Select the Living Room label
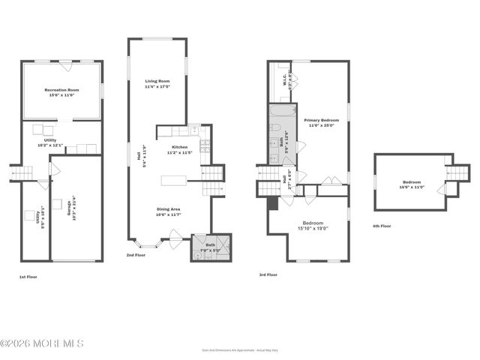point(157,83)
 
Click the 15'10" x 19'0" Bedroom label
point(313,226)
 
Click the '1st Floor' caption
point(28,277)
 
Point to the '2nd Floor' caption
point(136,255)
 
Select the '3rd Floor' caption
point(268,274)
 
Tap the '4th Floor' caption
point(382,226)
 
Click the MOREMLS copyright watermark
point(42,343)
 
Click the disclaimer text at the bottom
point(239,349)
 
